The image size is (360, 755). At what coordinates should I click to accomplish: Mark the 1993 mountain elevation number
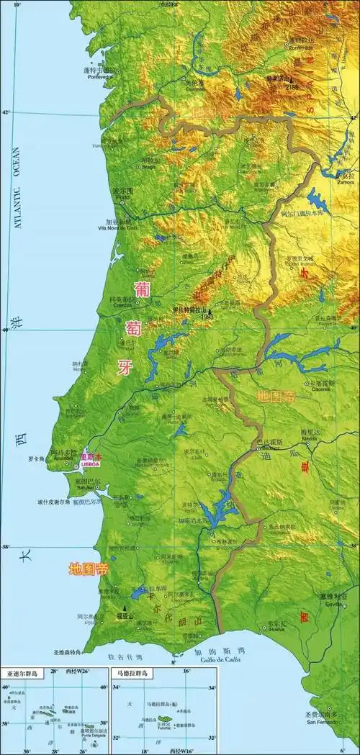208,315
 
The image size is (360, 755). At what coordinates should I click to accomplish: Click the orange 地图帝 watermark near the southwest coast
88,569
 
